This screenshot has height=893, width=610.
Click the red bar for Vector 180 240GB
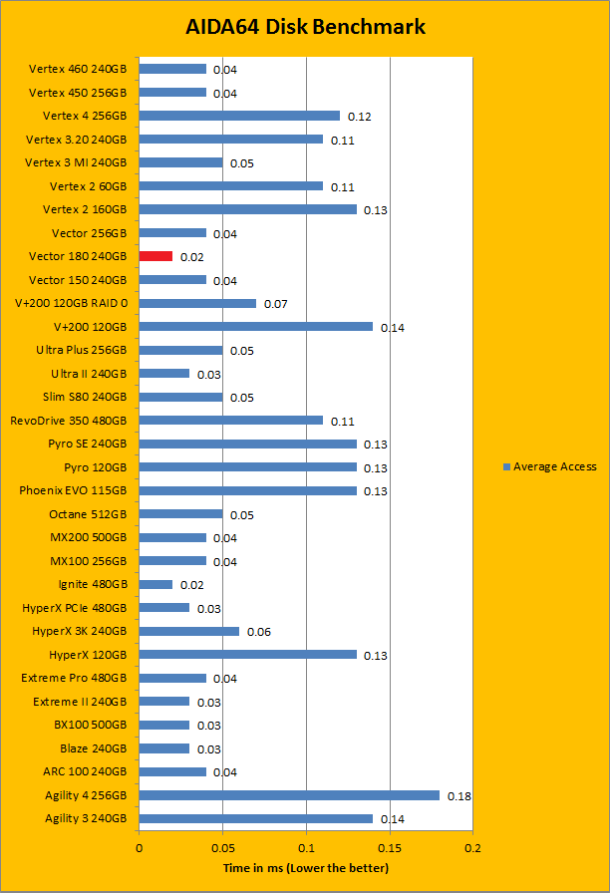point(155,256)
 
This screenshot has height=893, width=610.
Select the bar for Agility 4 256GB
point(289,794)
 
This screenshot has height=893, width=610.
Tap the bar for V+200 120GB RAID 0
point(197,303)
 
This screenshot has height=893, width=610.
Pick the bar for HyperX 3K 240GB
point(189,631)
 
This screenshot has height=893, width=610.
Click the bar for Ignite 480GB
point(155,584)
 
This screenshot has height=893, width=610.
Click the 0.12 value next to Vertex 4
point(359,117)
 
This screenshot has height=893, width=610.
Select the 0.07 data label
point(275,304)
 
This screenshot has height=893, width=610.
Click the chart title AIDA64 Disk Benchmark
point(305,27)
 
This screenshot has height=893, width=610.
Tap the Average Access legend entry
point(549,466)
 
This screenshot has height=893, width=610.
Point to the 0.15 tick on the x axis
point(390,848)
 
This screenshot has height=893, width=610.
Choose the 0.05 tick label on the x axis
point(222,848)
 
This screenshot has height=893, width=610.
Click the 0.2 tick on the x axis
point(472,848)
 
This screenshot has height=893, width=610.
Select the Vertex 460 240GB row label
point(78,69)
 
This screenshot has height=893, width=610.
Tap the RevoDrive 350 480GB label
point(68,421)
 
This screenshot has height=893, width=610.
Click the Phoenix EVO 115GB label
point(73,490)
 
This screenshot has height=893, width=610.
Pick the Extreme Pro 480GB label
point(74,678)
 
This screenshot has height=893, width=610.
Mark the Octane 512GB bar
point(180,514)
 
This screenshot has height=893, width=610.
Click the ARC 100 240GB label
point(85,771)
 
